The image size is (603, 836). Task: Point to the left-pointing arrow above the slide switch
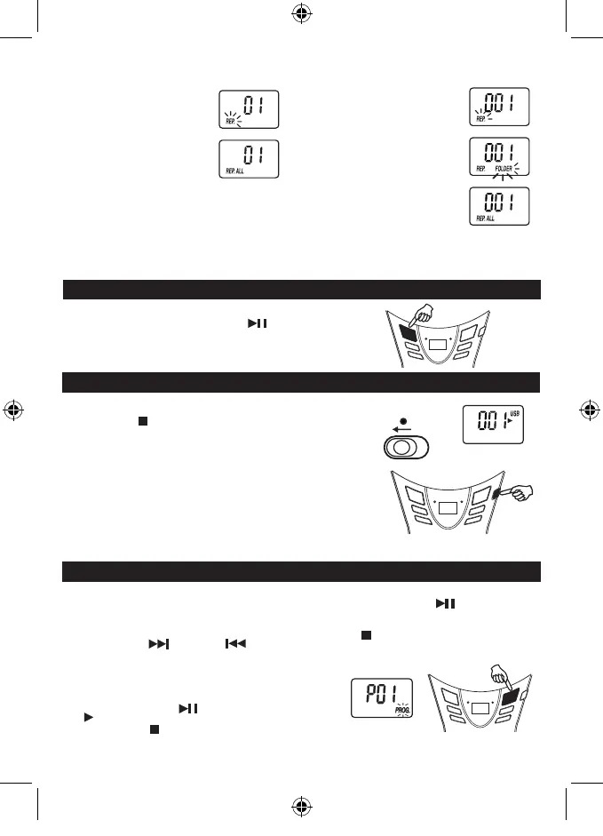click(406, 427)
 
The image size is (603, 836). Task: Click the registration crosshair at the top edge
click(301, 14)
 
